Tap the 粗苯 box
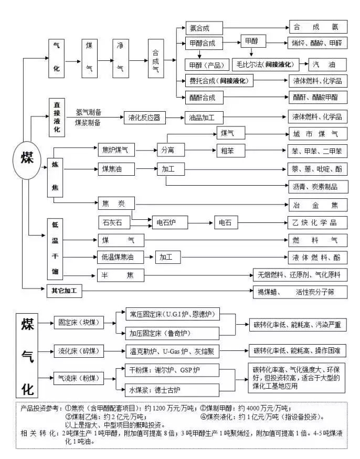tap(231, 151)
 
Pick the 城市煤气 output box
tap(318, 134)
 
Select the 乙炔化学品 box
tap(318, 222)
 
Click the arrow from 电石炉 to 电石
tap(199, 222)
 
